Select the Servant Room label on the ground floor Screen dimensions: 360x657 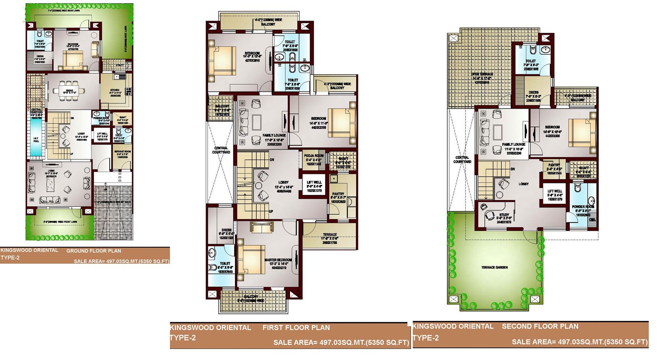pyautogui.click(x=122, y=152)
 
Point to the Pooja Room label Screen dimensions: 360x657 pyautogui.click(x=314, y=156)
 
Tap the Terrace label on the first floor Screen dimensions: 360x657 pyautogui.click(x=330, y=235)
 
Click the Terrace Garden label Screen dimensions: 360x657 pyautogui.click(x=495, y=267)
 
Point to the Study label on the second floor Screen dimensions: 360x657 pyautogui.click(x=504, y=215)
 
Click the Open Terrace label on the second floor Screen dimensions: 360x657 pyautogui.click(x=482, y=74)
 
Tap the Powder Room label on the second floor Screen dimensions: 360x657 pyautogui.click(x=583, y=207)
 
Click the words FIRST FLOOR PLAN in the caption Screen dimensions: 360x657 pyautogui.click(x=296, y=328)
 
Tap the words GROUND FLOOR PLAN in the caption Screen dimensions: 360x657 pyautogui.click(x=94, y=251)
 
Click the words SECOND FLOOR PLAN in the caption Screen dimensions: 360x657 pyautogui.click(x=540, y=326)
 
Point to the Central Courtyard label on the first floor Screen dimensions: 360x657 pyautogui.click(x=221, y=150)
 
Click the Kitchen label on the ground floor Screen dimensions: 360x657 pyautogui.click(x=115, y=90)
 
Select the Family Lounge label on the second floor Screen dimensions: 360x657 pyautogui.click(x=513, y=144)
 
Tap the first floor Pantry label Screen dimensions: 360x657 pyautogui.click(x=338, y=194)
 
